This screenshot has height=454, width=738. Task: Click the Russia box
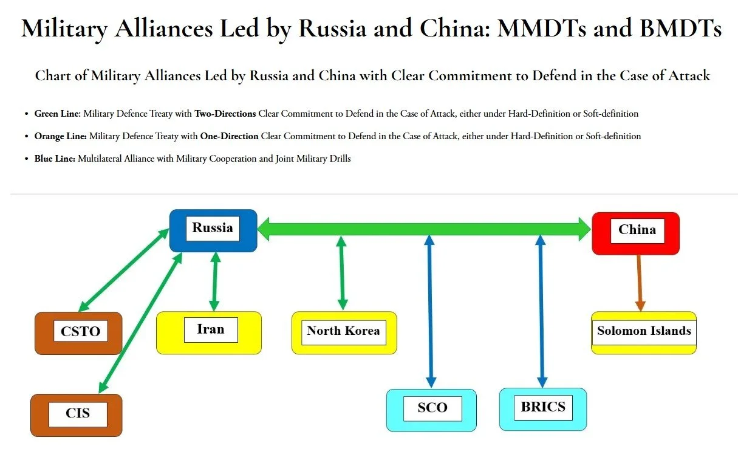(x=213, y=230)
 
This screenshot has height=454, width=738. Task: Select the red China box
(x=635, y=233)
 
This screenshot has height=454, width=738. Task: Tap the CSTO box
(x=78, y=333)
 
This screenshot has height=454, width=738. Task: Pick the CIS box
(x=77, y=415)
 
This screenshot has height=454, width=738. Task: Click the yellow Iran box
(x=209, y=332)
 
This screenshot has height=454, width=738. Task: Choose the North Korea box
(x=344, y=332)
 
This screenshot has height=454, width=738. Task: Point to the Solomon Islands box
(x=643, y=332)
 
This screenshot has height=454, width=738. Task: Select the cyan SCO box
(x=431, y=410)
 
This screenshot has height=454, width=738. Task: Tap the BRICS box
(x=542, y=408)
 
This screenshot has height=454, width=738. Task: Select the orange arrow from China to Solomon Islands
(x=639, y=283)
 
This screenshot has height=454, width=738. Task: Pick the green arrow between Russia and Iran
(x=214, y=281)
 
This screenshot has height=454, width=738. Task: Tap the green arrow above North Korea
(x=342, y=273)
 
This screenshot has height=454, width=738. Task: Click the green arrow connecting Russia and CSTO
(x=124, y=269)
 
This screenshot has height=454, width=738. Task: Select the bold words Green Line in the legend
(x=57, y=114)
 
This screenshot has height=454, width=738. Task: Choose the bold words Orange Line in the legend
(x=60, y=136)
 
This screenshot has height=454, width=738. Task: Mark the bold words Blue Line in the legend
(x=55, y=159)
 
